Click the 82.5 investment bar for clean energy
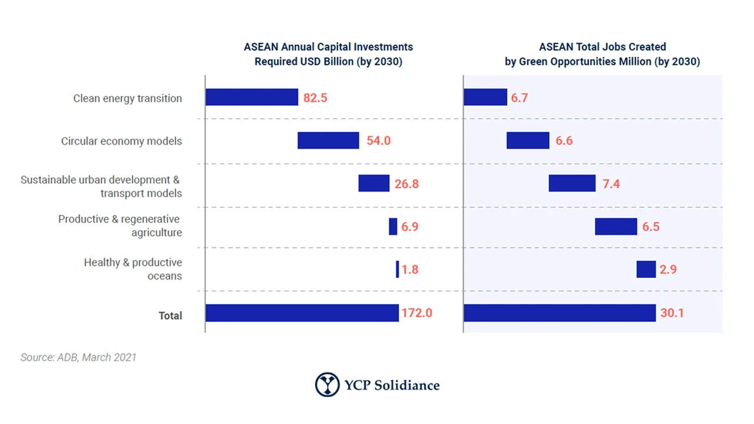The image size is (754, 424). pyautogui.click(x=252, y=97)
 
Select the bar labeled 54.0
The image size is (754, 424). pyautogui.click(x=328, y=140)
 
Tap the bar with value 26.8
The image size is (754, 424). pyautogui.click(x=373, y=183)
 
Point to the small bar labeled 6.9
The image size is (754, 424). pyautogui.click(x=393, y=227)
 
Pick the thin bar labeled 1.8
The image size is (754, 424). pyautogui.click(x=397, y=269)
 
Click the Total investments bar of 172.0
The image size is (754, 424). pyautogui.click(x=302, y=313)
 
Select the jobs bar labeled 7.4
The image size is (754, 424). pyautogui.click(x=572, y=183)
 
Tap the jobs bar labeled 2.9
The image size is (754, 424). pyautogui.click(x=646, y=269)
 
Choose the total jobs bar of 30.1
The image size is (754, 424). pyautogui.click(x=560, y=313)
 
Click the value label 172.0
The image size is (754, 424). pyautogui.click(x=417, y=313)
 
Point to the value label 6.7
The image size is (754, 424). pyautogui.click(x=520, y=98)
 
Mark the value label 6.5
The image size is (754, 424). pyautogui.click(x=651, y=227)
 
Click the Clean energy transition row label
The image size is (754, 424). pyautogui.click(x=127, y=98)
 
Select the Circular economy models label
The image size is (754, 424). pyautogui.click(x=121, y=141)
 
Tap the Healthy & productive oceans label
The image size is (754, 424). pyautogui.click(x=133, y=269)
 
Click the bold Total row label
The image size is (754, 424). pyautogui.click(x=170, y=316)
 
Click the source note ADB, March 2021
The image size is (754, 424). pyautogui.click(x=78, y=357)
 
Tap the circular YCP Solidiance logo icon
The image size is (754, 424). pyautogui.click(x=327, y=385)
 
